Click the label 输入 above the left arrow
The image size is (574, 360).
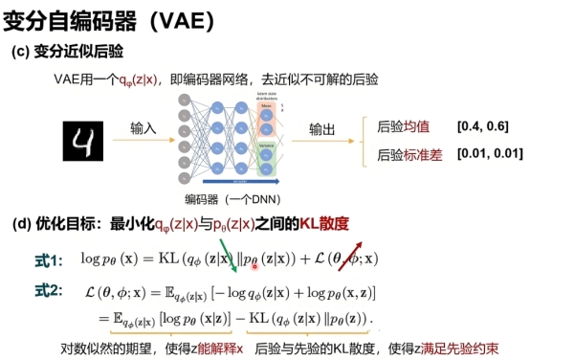pyautogui.click(x=144, y=127)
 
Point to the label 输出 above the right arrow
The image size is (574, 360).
pyautogui.click(x=323, y=127)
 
